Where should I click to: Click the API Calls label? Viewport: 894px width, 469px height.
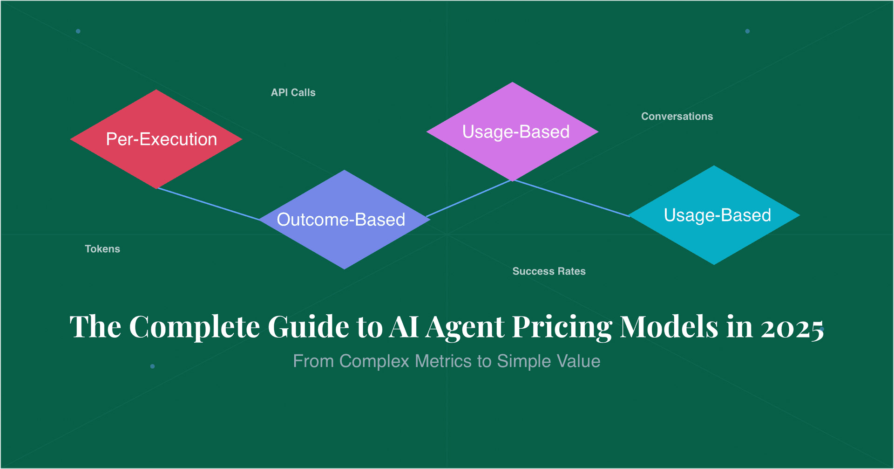point(293,92)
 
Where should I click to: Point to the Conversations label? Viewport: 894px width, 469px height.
point(677,116)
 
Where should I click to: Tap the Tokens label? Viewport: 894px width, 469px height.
point(102,249)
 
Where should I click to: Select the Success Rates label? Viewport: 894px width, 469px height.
point(549,271)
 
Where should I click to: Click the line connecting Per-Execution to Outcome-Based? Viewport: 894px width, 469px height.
point(208,204)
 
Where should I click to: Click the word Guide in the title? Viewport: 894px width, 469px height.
point(308,326)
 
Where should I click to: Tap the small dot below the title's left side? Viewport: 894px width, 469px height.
point(152,366)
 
